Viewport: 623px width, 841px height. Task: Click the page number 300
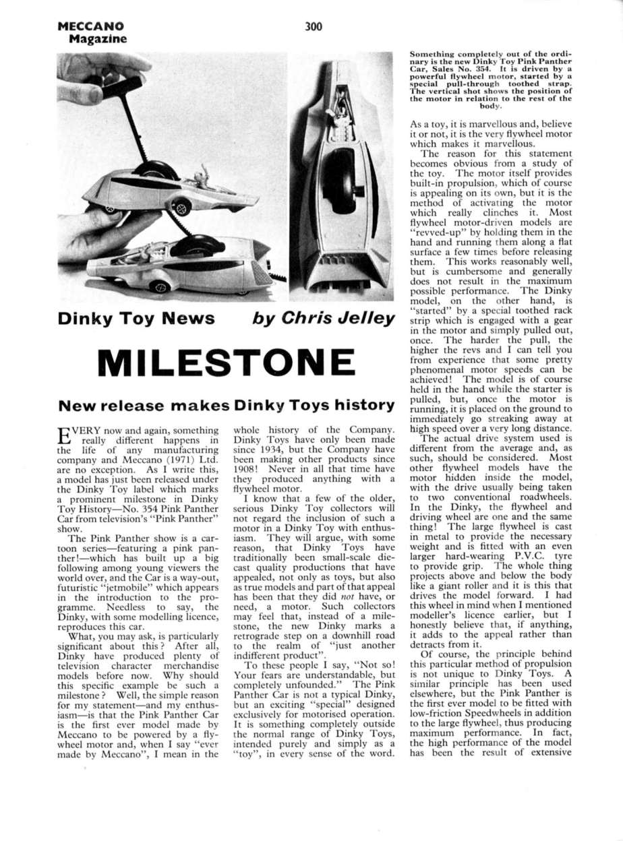[314, 26]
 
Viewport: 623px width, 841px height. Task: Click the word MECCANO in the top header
[91, 26]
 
